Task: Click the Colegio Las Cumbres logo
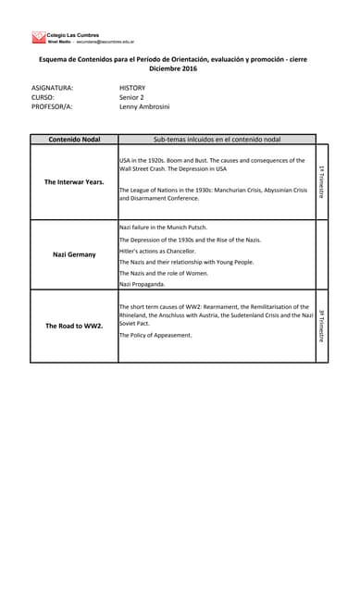pos(39,37)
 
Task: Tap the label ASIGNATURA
pos(53,88)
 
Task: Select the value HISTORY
pos(132,88)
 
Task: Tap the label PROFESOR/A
pos(52,106)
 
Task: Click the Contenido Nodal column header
pos(74,139)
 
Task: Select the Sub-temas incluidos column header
pos(217,139)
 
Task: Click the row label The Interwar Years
pos(74,182)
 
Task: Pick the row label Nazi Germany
pos(74,254)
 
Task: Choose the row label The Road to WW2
pos(74,327)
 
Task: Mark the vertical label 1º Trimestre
pos(321,181)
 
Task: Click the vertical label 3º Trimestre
pos(321,326)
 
